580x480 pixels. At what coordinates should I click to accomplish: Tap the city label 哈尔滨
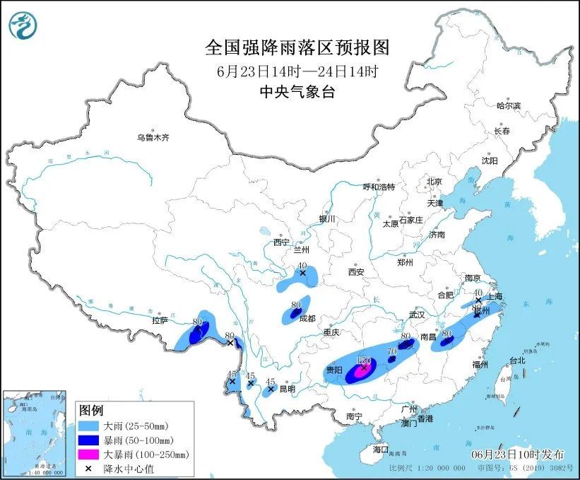coord(507,105)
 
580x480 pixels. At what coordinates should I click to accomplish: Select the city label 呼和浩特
coord(379,187)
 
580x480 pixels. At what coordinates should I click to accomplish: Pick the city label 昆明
coord(286,389)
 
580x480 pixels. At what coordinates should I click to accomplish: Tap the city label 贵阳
coord(333,370)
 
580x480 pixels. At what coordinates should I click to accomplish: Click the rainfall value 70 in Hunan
coord(393,350)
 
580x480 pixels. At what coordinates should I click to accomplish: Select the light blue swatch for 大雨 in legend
coord(90,427)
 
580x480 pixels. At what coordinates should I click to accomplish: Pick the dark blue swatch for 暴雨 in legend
coord(90,440)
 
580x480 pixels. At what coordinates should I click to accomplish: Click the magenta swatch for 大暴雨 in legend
coord(90,454)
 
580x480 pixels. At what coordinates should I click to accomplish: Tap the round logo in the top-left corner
coord(23,25)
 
